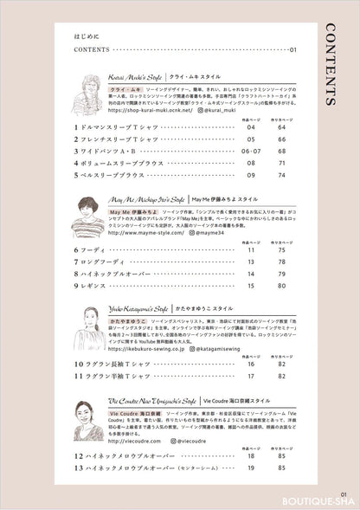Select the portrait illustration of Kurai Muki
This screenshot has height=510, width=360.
click(90, 88)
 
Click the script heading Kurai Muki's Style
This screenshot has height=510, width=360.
click(134, 76)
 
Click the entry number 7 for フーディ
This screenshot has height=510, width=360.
click(77, 261)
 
